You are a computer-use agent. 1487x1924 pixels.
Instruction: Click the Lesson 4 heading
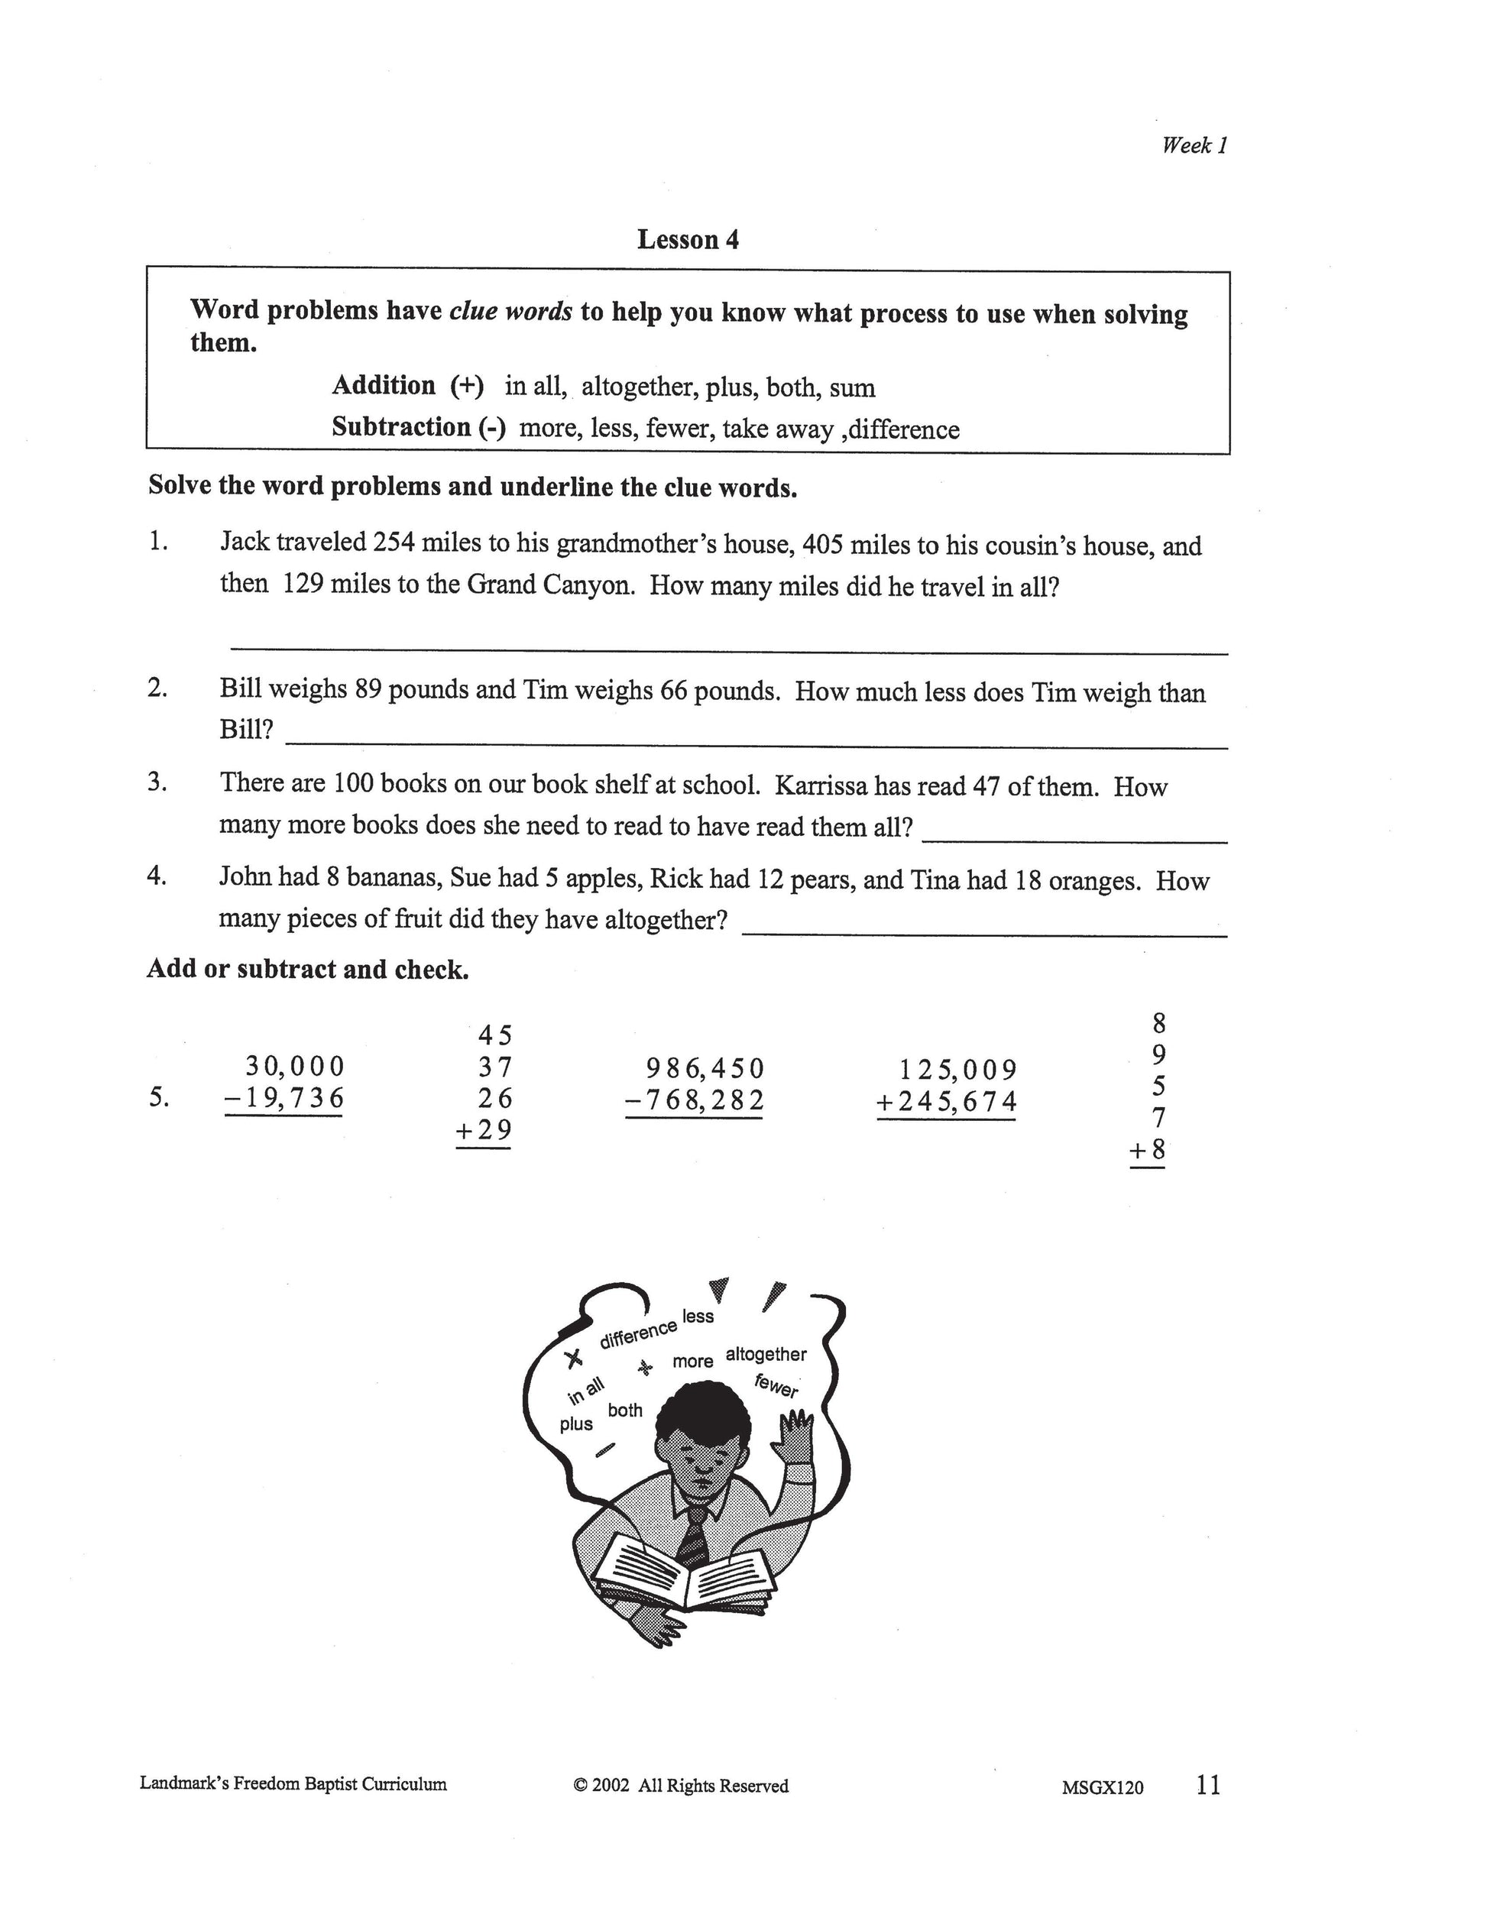point(688,240)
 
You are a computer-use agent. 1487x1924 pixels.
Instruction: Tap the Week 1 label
point(1194,145)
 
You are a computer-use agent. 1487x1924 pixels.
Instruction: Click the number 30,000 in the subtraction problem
point(295,1067)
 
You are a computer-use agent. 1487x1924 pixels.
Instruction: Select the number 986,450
point(705,1069)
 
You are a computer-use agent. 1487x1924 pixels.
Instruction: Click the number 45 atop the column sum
point(495,1035)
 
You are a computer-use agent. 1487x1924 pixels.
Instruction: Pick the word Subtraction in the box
point(401,428)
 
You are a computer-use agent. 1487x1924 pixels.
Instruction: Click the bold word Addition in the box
point(383,386)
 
